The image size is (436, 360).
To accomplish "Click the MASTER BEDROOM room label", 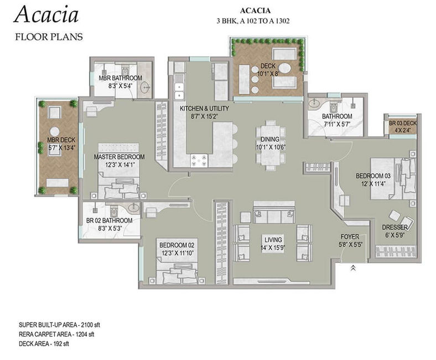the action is pyautogui.click(x=119, y=157).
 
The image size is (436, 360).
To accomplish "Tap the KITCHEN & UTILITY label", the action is pyautogui.click(x=204, y=109).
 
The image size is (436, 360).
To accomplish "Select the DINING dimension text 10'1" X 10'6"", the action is pyautogui.click(x=271, y=147).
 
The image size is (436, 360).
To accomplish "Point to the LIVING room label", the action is pyautogui.click(x=273, y=240).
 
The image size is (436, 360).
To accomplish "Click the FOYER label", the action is pyautogui.click(x=350, y=236).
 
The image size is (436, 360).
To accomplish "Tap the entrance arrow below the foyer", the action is pyautogui.click(x=353, y=268).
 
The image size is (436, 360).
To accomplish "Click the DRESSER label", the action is pyautogui.click(x=395, y=227).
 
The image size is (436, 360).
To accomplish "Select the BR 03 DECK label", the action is pyautogui.click(x=403, y=123).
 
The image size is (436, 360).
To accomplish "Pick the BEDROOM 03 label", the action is pyautogui.click(x=373, y=176).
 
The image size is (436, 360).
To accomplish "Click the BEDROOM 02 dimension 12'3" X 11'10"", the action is pyautogui.click(x=177, y=253).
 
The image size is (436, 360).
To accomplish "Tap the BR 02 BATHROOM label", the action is pyautogui.click(x=109, y=220).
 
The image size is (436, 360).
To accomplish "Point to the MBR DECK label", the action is pyautogui.click(x=61, y=140).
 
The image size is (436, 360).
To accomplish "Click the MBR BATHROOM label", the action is pyautogui.click(x=121, y=78).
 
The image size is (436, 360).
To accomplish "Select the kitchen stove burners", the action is pyautogui.click(x=199, y=161).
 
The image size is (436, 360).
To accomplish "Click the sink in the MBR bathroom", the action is pyautogui.click(x=145, y=88).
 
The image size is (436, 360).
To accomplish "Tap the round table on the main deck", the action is pyautogui.click(x=286, y=68).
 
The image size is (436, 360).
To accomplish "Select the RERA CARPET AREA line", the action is pyautogui.click(x=56, y=334).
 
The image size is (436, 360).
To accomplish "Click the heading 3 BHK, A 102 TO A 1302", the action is pyautogui.click(x=253, y=21).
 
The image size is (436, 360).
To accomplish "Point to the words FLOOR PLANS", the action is pyautogui.click(x=49, y=37).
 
